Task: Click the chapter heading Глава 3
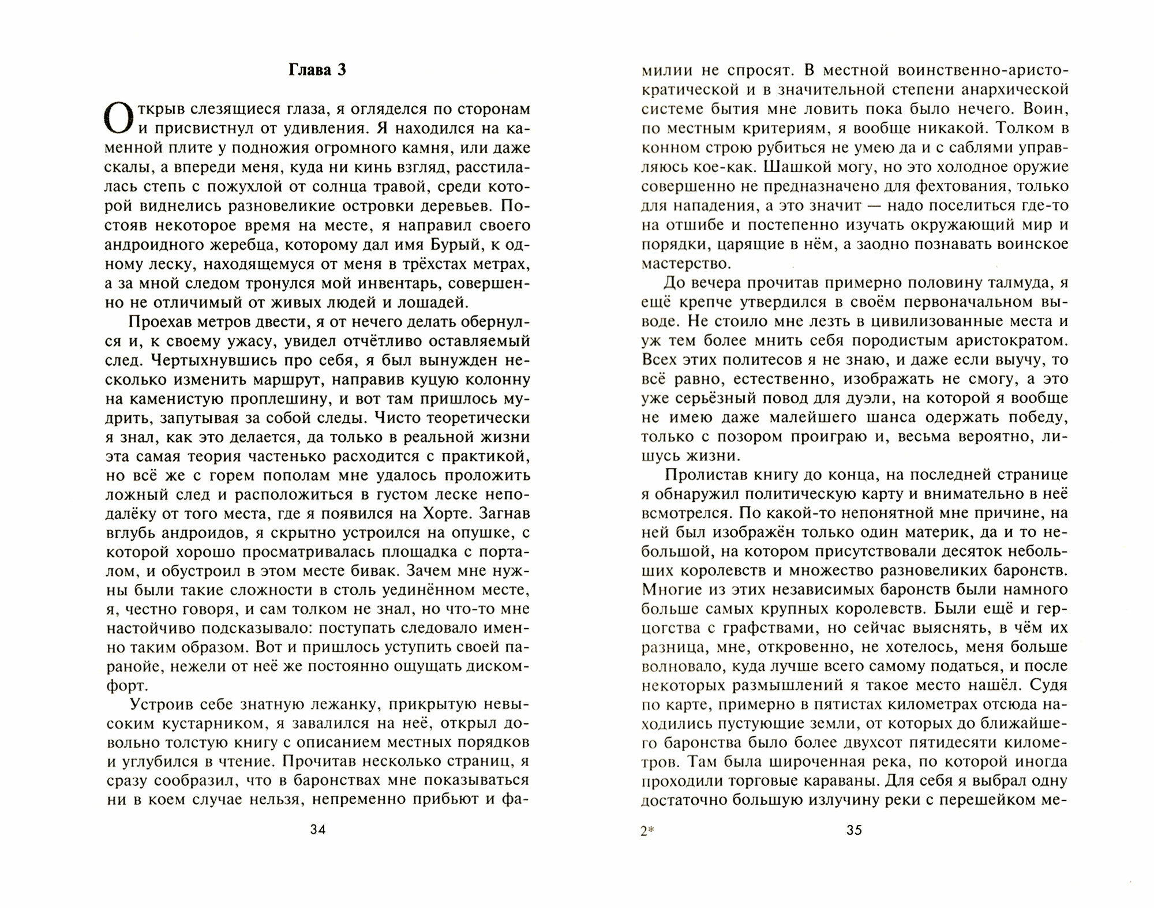click(x=317, y=70)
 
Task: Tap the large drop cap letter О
click(x=122, y=119)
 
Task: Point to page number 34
click(x=318, y=830)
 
